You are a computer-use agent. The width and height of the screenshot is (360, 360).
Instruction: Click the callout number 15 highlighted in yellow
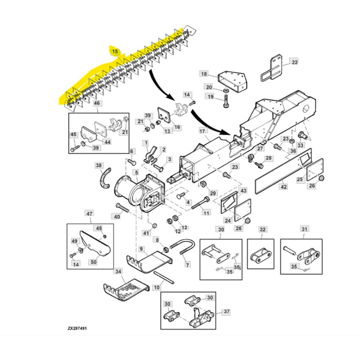coord(115,51)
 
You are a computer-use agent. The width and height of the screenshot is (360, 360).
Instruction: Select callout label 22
coord(295,62)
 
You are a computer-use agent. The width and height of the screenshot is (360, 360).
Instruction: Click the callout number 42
coord(283,187)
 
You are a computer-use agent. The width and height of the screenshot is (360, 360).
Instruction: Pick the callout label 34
coord(118,271)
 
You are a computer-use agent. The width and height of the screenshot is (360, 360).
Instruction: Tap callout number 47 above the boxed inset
coord(89,213)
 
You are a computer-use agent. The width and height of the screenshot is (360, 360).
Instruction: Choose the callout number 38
coord(98,166)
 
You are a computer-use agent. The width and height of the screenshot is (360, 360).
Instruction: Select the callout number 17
coord(202,132)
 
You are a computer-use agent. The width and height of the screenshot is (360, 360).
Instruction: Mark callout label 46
coord(96,103)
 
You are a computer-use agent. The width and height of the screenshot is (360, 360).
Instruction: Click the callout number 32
coord(263,229)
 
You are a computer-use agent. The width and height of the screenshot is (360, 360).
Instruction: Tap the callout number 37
coord(226,312)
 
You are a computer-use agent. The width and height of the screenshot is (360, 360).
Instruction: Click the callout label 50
coord(94,262)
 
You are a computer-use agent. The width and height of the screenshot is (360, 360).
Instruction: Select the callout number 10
coord(156,288)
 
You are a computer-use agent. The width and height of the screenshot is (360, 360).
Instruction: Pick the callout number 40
coord(117,217)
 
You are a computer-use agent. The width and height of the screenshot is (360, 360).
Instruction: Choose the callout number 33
coord(301,146)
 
